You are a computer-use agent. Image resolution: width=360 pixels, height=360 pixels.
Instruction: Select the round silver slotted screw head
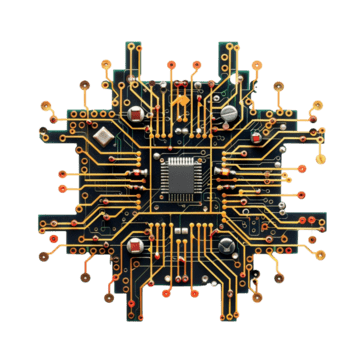click(230, 113)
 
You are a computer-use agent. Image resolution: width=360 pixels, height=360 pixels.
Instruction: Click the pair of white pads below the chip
click(181, 232)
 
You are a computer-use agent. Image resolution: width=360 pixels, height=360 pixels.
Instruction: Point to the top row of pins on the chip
click(180, 158)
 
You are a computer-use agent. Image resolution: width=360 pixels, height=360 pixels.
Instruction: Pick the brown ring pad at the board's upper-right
click(317, 103)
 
